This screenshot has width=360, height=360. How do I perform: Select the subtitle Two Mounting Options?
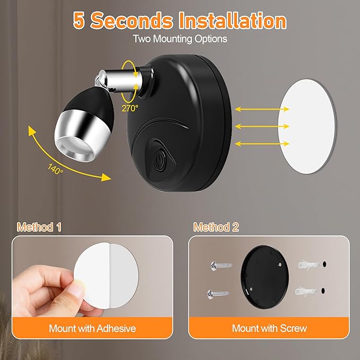[180, 39]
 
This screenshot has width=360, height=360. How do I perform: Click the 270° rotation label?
[129, 108]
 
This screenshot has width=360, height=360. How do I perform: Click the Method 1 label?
[39, 227]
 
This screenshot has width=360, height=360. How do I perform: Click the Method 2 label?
[216, 227]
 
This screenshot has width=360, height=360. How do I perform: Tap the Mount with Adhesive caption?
[92, 328]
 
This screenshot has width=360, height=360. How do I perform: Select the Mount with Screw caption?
[269, 328]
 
